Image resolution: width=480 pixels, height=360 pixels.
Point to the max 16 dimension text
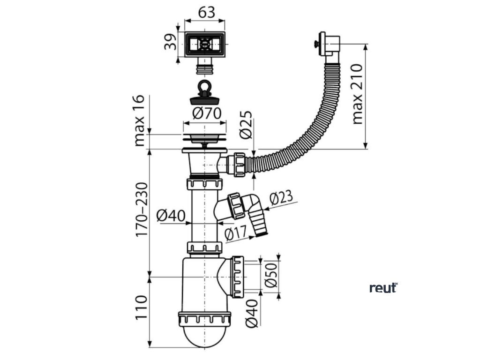[140, 121]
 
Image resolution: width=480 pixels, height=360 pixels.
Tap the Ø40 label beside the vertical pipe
[171, 216]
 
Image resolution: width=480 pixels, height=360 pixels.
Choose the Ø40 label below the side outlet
[252, 314]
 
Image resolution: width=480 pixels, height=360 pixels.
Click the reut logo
[383, 288]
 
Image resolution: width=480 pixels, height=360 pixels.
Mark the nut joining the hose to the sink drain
[237, 163]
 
